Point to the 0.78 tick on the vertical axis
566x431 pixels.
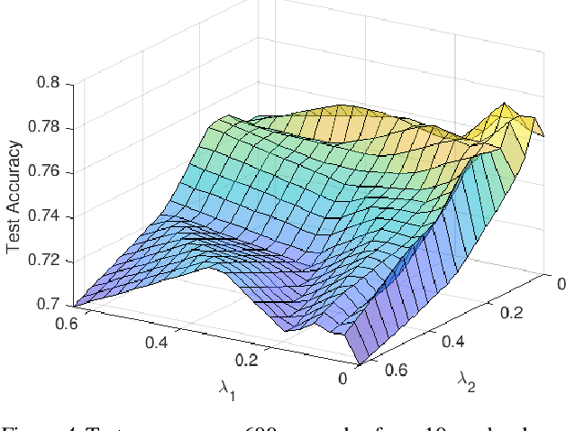46,127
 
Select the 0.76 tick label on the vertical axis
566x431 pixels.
46,171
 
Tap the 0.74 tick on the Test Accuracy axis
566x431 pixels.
46,215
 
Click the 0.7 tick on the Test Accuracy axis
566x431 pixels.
50,305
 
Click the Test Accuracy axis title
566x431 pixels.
14,194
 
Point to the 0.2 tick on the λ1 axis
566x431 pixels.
246,360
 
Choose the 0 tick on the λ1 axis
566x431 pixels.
342,380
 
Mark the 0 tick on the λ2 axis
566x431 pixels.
560,285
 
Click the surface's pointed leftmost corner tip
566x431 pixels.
77,305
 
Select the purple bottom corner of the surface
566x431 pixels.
356,364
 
